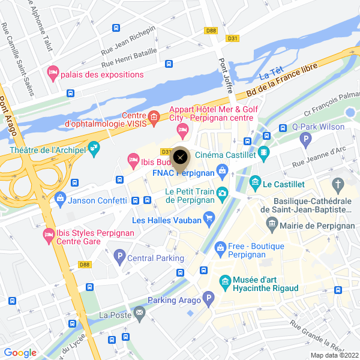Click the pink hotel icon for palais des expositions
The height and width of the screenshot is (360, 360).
(53, 73)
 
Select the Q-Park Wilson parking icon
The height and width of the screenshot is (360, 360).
(307, 140)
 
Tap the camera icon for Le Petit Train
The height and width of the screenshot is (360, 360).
(223, 193)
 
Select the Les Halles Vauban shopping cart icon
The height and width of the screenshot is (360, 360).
(209, 217)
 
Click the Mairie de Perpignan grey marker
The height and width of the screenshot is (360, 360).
(272, 225)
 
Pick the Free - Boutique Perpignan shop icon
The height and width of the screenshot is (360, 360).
(221, 247)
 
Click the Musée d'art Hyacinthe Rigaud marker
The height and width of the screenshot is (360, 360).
(225, 280)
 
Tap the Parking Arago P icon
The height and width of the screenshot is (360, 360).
(208, 298)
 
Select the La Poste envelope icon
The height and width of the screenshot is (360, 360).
(139, 312)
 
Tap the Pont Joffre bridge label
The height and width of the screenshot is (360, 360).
(226, 76)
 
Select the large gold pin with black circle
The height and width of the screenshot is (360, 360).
(181, 158)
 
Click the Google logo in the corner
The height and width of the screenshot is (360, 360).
(20, 353)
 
